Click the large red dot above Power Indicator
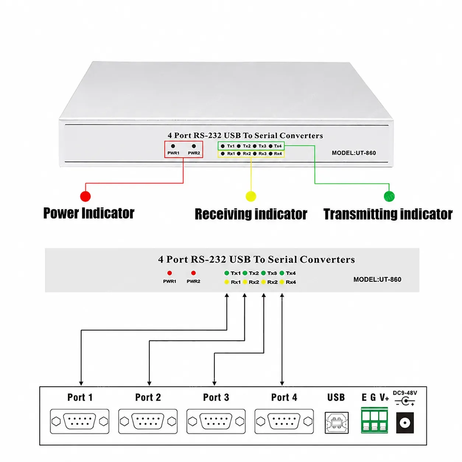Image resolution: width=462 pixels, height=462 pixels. click(x=85, y=196)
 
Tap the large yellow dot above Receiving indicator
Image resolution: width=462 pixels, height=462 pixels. click(x=251, y=196)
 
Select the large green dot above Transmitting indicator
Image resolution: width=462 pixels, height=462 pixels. click(x=389, y=196)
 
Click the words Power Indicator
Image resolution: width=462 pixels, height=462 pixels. click(x=89, y=213)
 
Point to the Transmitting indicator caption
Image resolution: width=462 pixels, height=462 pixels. click(x=388, y=214)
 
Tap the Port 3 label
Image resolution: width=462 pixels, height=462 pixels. click(x=216, y=397)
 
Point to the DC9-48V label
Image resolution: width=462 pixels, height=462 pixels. click(x=405, y=393)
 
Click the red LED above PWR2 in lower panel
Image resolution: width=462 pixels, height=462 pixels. click(x=193, y=273)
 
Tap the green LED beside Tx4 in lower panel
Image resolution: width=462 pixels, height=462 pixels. click(x=282, y=273)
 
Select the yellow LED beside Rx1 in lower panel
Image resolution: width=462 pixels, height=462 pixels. click(x=226, y=282)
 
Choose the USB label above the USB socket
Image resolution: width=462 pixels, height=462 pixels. click(x=336, y=397)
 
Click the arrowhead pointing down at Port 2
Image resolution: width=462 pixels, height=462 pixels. click(x=149, y=384)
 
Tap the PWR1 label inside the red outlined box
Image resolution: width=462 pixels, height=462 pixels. click(x=173, y=153)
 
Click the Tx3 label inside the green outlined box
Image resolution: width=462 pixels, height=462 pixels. click(x=262, y=146)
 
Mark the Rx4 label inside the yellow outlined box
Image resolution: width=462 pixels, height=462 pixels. click(x=278, y=153)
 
